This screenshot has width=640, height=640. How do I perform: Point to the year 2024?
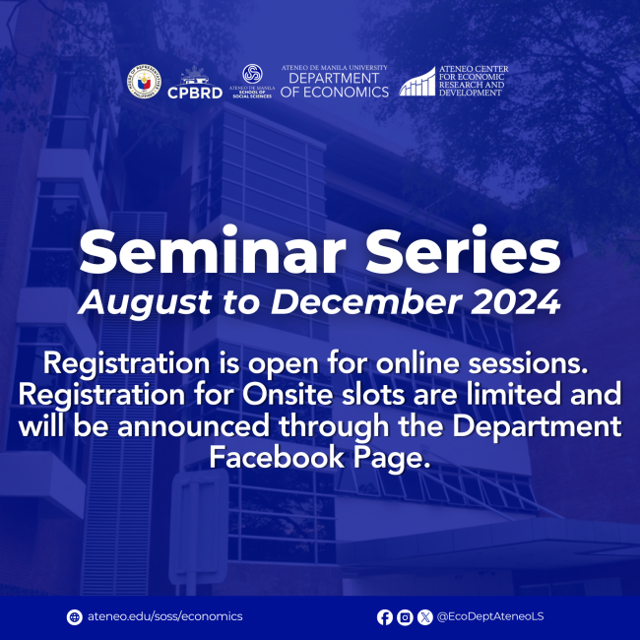(x=516, y=302)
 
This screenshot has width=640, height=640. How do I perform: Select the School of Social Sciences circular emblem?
(x=252, y=75)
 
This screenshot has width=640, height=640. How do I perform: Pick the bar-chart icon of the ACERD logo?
(x=416, y=82)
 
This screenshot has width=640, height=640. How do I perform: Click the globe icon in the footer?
(x=74, y=617)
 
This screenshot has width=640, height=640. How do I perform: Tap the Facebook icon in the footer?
(x=384, y=617)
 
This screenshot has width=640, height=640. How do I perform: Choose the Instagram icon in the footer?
(x=405, y=617)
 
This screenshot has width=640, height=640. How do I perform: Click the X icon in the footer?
(x=424, y=617)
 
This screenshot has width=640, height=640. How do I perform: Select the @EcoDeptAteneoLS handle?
(x=490, y=617)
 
